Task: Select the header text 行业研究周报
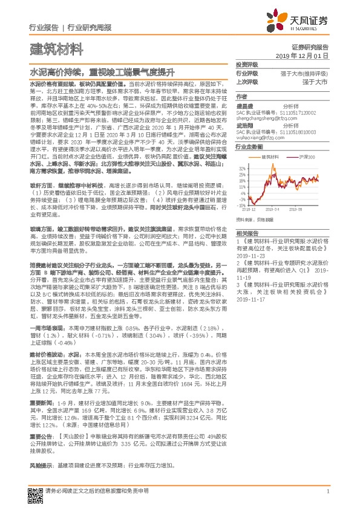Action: coord(90,28)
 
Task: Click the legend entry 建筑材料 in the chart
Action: coord(268,156)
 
